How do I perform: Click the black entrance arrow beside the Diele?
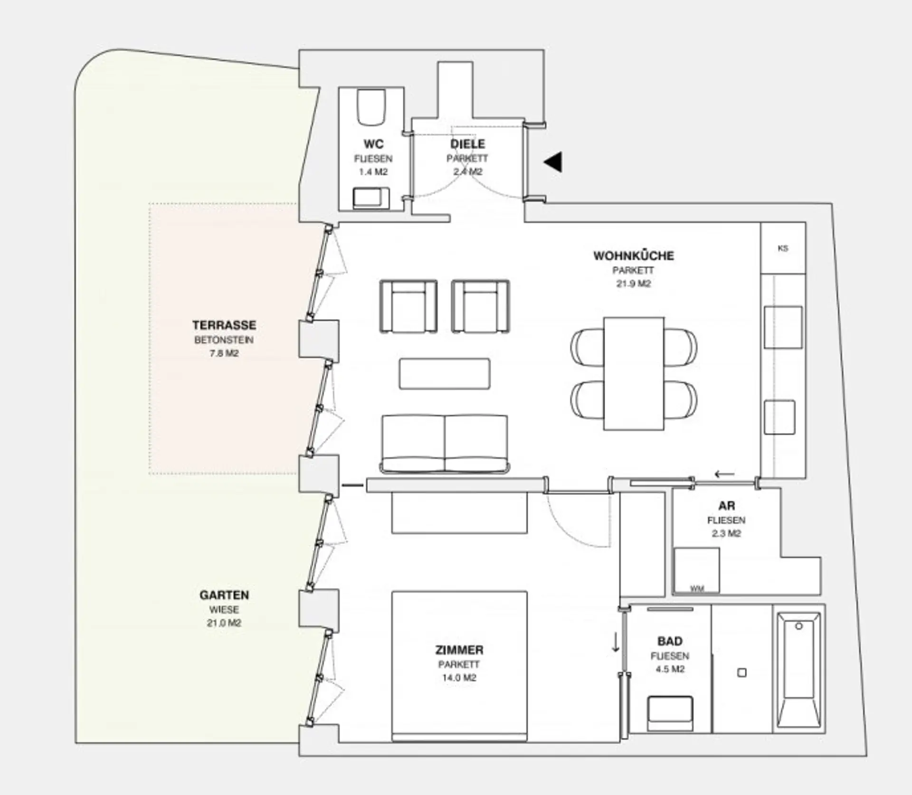pos(554,162)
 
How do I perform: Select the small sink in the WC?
pos(371,198)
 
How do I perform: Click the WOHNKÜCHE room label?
pos(633,256)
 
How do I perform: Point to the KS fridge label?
pos(783,248)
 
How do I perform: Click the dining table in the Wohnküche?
pos(634,374)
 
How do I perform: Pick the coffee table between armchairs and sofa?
pos(444,374)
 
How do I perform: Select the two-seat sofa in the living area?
pos(445,444)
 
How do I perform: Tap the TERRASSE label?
pos(224,325)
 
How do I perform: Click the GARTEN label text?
pos(224,595)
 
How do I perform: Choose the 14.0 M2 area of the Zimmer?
pos(459,678)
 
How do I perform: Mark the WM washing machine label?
pos(697,589)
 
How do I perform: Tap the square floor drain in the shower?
pos(742,672)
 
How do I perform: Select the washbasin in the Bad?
pos(670,714)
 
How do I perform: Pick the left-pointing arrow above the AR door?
pos(724,474)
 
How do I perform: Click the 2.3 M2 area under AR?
pos(726,533)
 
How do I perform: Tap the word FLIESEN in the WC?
pos(373,159)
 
